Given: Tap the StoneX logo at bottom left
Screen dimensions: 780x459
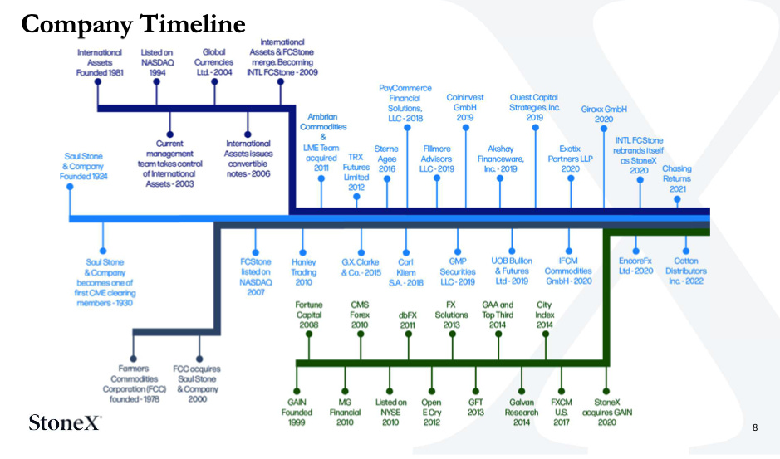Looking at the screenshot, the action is (x=65, y=422).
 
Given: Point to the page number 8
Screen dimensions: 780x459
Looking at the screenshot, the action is (x=754, y=427).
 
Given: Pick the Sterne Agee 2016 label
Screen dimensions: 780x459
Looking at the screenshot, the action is (x=386, y=159).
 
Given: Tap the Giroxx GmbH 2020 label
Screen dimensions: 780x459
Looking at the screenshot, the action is (x=603, y=114).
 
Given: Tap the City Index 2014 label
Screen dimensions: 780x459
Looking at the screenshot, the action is (x=545, y=315).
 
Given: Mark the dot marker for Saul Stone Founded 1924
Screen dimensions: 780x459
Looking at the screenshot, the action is (x=70, y=187).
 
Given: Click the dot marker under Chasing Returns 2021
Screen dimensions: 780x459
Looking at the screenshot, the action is (x=677, y=199).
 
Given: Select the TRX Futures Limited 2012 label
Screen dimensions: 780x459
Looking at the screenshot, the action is (x=356, y=172).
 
